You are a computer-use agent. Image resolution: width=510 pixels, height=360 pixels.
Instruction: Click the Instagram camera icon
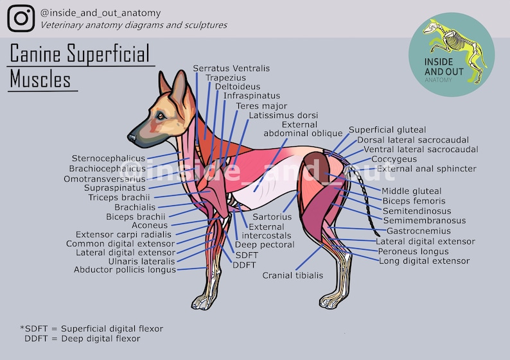coord(21,18)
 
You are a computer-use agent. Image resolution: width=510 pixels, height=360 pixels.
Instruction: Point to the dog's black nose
coord(131,137)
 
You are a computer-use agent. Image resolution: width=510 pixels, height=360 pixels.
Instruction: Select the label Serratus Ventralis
coord(231,68)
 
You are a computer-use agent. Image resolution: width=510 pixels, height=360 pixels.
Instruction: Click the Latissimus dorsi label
coord(278,116)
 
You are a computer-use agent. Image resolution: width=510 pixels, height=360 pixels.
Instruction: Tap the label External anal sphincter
coord(426,169)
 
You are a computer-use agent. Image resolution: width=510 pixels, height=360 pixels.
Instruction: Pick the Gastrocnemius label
coord(418,231)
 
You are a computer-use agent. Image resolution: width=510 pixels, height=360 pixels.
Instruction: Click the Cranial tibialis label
coord(292,275)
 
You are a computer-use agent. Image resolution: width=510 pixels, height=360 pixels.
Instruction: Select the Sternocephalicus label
coord(109,158)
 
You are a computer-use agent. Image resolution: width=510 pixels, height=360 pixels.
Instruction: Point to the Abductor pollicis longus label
coord(125,270)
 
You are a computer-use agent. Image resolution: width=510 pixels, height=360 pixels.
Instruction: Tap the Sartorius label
coord(272,217)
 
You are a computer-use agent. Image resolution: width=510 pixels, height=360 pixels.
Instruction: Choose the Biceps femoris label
coord(413,201)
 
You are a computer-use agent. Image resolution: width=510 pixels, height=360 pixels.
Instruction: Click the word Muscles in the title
coord(40,80)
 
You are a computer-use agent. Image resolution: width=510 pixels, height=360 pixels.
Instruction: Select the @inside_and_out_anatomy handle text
coord(100,13)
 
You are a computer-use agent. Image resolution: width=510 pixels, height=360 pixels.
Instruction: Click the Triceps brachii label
coord(119,198)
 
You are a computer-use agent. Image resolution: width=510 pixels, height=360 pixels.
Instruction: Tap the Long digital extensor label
coord(424,261)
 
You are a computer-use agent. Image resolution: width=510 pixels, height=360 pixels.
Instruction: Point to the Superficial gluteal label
coord(387,130)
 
